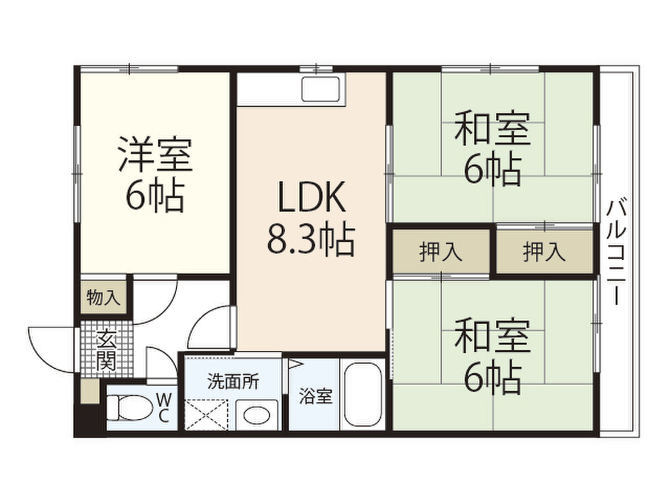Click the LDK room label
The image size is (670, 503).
click(x=311, y=199)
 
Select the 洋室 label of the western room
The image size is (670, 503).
click(x=154, y=154)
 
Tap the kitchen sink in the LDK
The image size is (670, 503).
click(x=321, y=88)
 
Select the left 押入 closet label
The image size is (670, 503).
click(x=441, y=251)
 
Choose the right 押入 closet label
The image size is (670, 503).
click(x=544, y=251)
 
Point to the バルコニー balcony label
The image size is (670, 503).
click(x=614, y=252)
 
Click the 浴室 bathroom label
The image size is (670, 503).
click(x=315, y=396)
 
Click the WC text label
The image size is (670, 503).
click(x=165, y=407)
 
